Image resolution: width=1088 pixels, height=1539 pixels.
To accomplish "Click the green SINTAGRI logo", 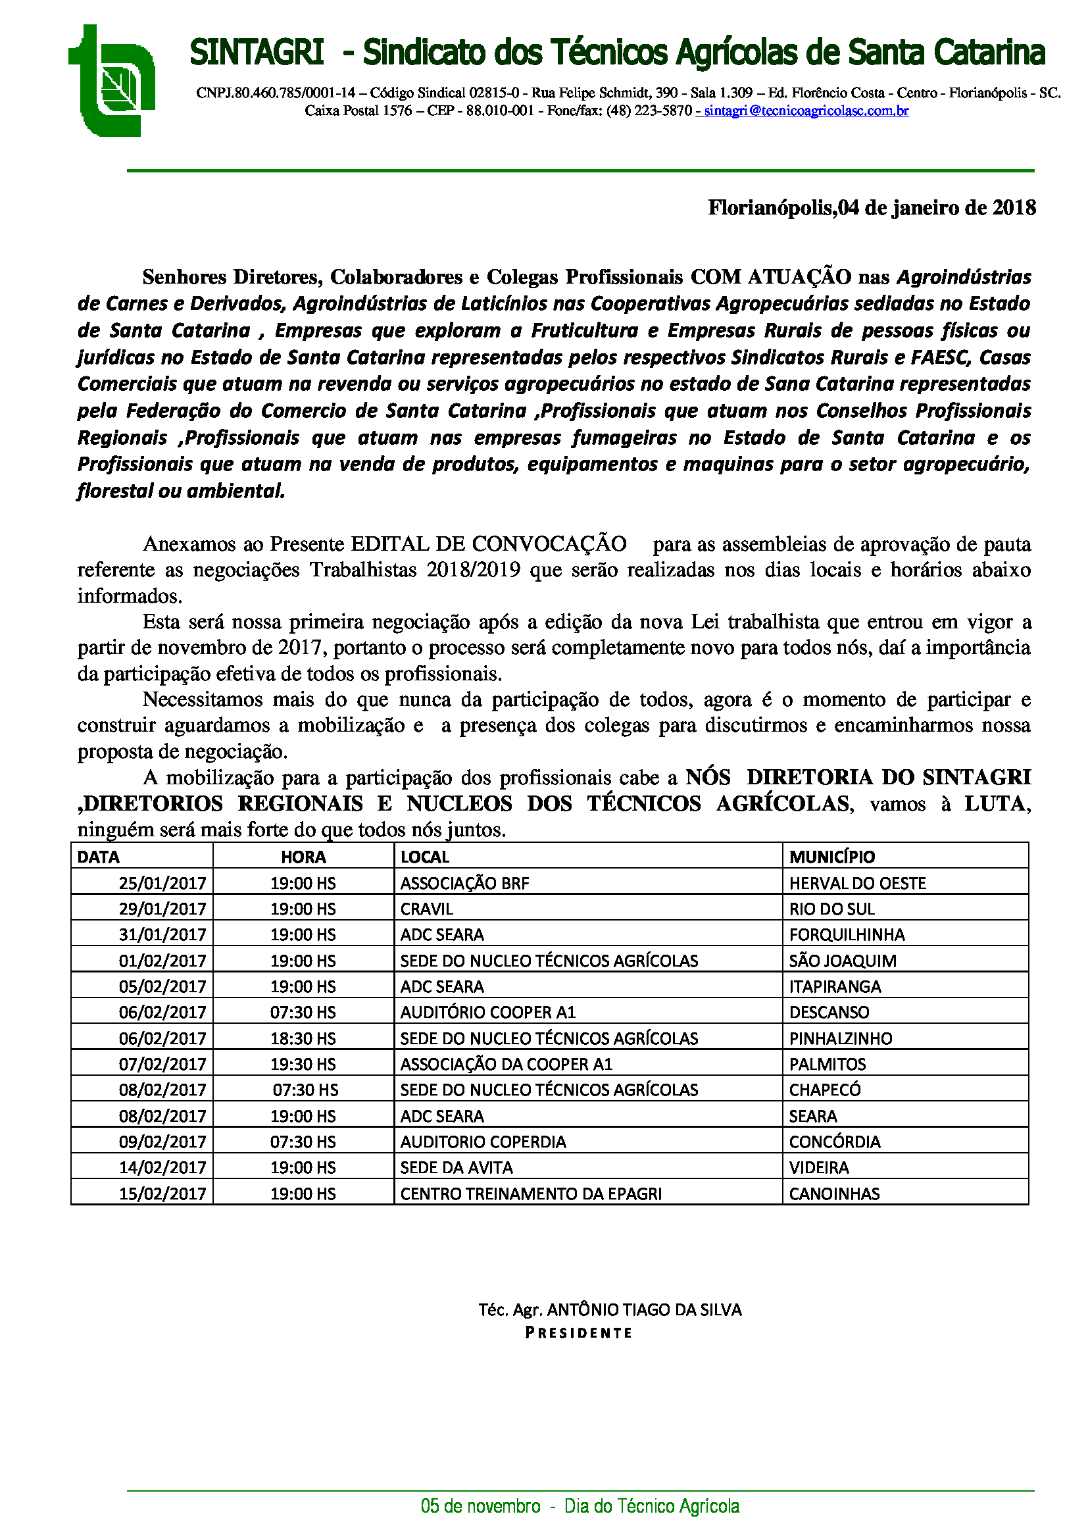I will [x=112, y=81].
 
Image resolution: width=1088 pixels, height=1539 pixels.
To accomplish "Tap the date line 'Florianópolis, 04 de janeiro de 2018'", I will [x=872, y=208].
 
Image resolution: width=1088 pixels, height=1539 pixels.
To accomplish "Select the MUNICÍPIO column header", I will [x=831, y=857].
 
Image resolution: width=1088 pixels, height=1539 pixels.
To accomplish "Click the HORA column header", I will [x=303, y=857].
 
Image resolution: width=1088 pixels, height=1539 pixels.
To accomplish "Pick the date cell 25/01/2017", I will [x=162, y=883].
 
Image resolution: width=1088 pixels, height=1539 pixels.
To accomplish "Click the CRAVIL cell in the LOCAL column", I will [x=427, y=909].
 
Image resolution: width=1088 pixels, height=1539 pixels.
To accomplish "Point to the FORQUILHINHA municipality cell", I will [x=846, y=934].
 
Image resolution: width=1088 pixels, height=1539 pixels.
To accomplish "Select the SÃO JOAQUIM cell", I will [x=842, y=961].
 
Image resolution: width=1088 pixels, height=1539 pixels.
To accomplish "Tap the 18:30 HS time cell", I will [x=303, y=1038].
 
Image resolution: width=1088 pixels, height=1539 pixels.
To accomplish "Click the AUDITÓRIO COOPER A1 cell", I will [x=487, y=1012].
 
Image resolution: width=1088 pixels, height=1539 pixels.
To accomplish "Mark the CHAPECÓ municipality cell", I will [x=824, y=1090].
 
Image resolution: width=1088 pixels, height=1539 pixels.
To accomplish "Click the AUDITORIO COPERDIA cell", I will [x=483, y=1142].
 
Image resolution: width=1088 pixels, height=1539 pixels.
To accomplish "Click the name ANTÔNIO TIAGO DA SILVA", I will [x=644, y=1310].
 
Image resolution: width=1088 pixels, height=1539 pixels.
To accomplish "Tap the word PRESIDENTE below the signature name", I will [x=579, y=1332].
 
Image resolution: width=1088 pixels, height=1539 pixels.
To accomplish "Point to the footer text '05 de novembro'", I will [x=480, y=1507].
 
